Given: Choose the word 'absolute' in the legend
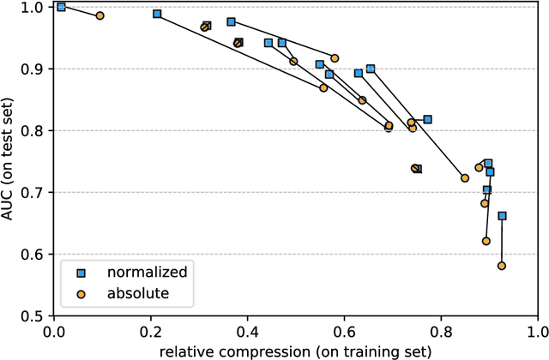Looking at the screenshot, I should [137, 293].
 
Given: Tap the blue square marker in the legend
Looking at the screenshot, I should [81, 273].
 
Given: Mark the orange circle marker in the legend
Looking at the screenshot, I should [81, 293].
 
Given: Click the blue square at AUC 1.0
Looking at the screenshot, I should [61, 7].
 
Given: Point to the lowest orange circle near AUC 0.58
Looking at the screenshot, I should [502, 267].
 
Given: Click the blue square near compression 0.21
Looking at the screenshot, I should [157, 14].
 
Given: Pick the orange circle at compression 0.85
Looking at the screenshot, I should [465, 178].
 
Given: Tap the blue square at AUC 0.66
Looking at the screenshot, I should [502, 216].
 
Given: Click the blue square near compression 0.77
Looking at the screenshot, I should [427, 119].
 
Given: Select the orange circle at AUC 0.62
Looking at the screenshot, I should [486, 242].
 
